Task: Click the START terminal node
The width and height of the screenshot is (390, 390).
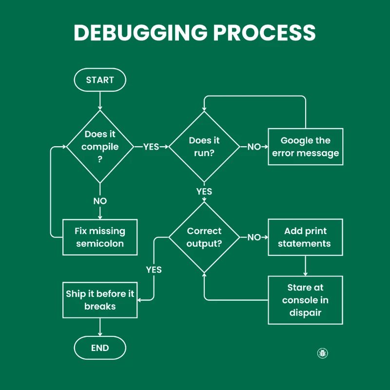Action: point(100,80)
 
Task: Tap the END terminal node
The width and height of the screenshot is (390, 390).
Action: point(100,348)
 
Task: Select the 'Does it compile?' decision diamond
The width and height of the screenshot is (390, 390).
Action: point(100,147)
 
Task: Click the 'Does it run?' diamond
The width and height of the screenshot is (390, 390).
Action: point(204,147)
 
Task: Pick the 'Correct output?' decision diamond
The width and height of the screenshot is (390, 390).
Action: point(204,237)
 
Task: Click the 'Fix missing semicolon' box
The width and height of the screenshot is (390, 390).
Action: point(100,237)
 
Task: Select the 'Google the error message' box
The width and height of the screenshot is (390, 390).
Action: point(306,147)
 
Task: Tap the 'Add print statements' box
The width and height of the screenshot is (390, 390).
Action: point(306,237)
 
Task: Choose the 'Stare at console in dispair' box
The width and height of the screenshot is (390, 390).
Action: point(306,300)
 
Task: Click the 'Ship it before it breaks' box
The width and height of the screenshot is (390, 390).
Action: point(100,300)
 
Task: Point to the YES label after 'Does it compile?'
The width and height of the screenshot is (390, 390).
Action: point(151,147)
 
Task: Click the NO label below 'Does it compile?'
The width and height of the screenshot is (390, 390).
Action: point(100,201)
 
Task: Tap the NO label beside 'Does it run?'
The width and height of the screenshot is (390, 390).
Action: point(254,147)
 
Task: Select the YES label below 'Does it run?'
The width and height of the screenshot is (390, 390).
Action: point(204,192)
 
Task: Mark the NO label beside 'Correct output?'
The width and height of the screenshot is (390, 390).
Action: point(254,237)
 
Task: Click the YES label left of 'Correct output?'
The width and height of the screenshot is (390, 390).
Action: point(154,270)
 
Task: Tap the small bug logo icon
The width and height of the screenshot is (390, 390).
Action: point(322,353)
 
